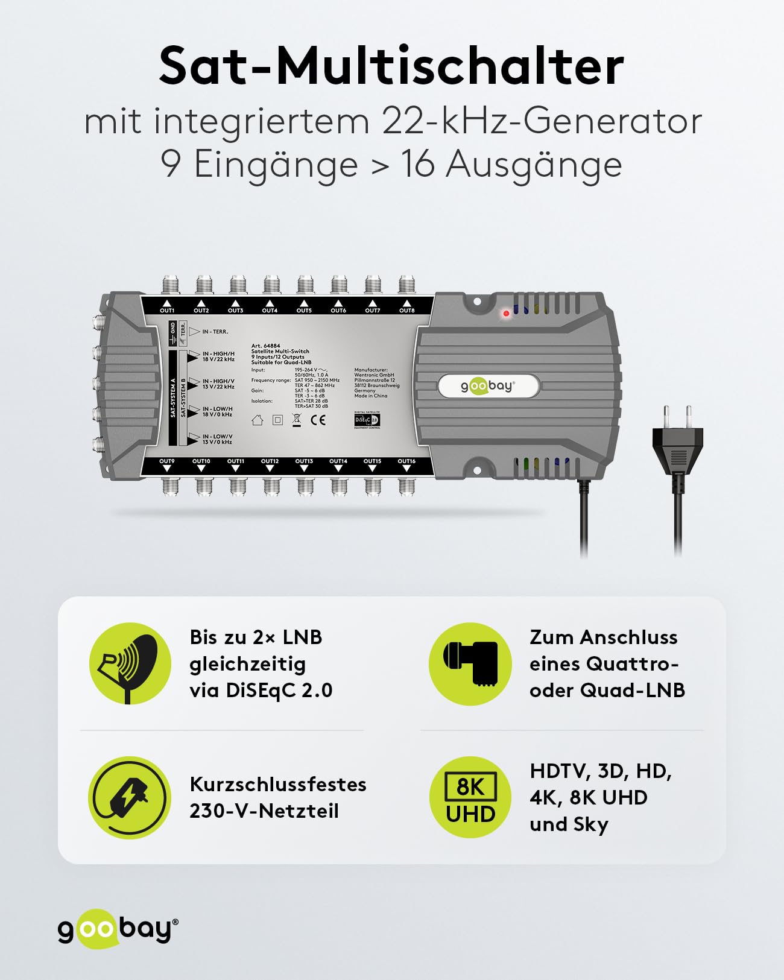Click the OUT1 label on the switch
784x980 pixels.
point(167,311)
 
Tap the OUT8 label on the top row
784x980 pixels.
point(407,311)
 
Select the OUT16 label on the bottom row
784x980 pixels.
point(406,461)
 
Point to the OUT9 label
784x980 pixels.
point(167,461)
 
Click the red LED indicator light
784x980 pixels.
point(506,314)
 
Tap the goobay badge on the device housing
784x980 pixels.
point(487,386)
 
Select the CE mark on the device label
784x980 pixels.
point(318,420)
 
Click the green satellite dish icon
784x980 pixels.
point(130,663)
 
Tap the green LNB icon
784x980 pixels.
point(470,663)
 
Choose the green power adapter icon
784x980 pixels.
point(130,797)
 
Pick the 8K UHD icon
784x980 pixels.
point(470,797)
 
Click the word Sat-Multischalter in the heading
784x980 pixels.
point(391,66)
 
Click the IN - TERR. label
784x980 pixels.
point(215,332)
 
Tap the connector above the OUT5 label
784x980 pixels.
point(305,285)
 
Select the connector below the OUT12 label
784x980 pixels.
point(271,485)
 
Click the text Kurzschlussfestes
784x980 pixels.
point(278,784)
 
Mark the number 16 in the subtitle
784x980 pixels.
point(417,164)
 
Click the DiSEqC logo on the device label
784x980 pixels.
point(366,420)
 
